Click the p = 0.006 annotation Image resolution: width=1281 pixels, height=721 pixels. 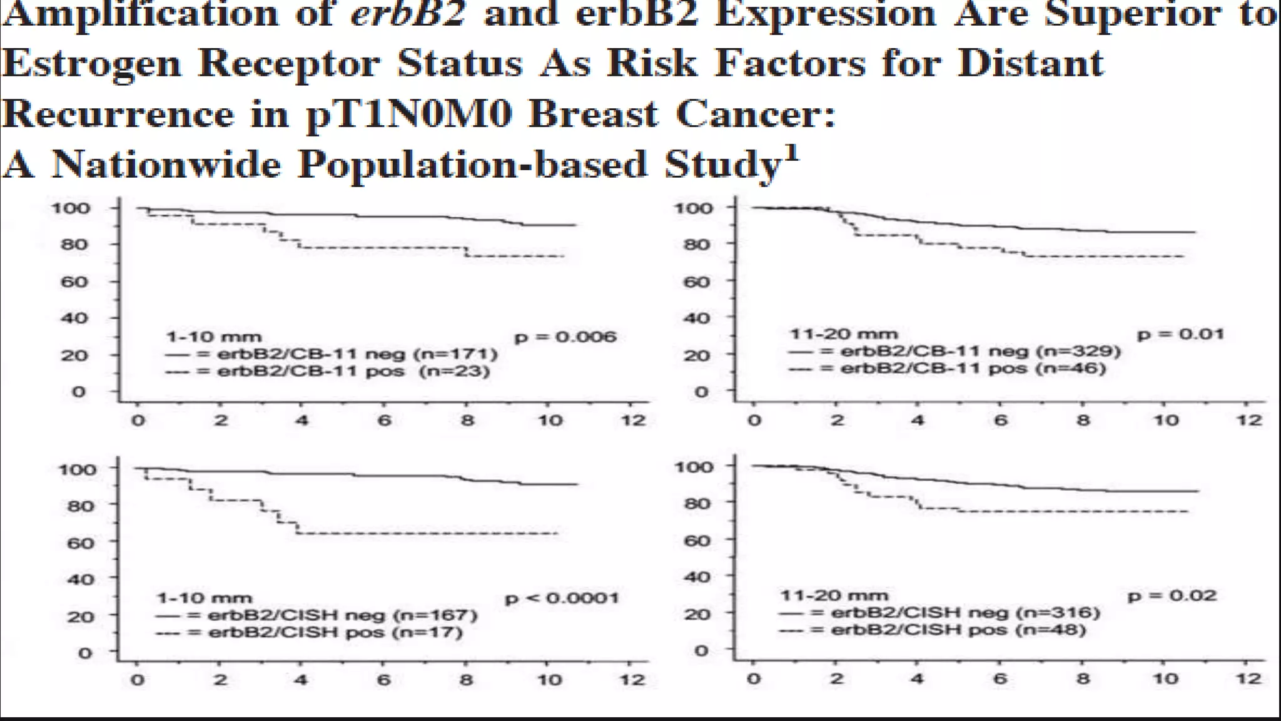[x=565, y=337]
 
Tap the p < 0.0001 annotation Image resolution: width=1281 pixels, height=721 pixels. [x=561, y=598]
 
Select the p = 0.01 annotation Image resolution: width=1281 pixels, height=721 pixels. [x=1180, y=334]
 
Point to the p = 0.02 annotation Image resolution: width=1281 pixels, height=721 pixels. [x=1172, y=595]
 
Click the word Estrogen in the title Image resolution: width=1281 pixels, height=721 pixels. [x=91, y=64]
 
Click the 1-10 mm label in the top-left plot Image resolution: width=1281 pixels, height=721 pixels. [x=213, y=337]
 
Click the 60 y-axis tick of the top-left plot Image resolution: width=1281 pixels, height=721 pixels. [x=74, y=282]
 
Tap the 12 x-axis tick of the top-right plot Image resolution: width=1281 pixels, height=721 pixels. [x=1248, y=420]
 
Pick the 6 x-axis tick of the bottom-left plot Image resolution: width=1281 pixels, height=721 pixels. [x=383, y=680]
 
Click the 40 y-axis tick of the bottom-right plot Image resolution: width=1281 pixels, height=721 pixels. [x=696, y=576]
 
